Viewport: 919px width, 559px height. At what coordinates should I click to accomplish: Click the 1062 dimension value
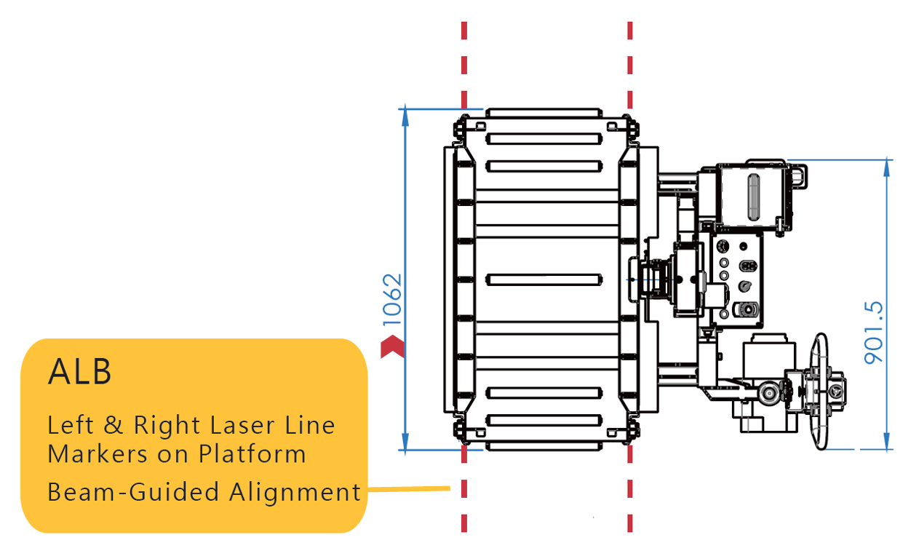[391, 300]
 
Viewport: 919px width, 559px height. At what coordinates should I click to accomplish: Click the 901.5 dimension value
[873, 333]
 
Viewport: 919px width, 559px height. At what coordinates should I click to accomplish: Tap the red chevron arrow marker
[393, 346]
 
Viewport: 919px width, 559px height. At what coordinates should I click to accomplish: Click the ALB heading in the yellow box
[79, 371]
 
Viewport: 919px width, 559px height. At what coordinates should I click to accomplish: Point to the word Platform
[252, 454]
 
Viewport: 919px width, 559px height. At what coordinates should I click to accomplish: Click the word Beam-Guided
[133, 492]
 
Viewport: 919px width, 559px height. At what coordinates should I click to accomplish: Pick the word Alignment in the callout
[295, 492]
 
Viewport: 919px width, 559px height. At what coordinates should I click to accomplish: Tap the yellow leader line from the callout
[409, 489]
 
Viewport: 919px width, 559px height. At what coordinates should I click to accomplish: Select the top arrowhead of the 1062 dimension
[405, 117]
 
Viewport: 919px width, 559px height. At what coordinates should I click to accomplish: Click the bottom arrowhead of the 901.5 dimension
[887, 441]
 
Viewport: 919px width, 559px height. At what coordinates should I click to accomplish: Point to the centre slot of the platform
[544, 280]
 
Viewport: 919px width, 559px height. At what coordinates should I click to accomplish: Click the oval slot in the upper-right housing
[754, 197]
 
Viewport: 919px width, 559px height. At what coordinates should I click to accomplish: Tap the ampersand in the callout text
[114, 425]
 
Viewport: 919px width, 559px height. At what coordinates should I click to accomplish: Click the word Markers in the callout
[98, 454]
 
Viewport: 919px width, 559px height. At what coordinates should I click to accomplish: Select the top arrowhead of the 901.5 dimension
[887, 168]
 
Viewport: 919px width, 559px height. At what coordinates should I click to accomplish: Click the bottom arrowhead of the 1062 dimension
[405, 441]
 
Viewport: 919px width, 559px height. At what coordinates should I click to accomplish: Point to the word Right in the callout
[167, 426]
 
